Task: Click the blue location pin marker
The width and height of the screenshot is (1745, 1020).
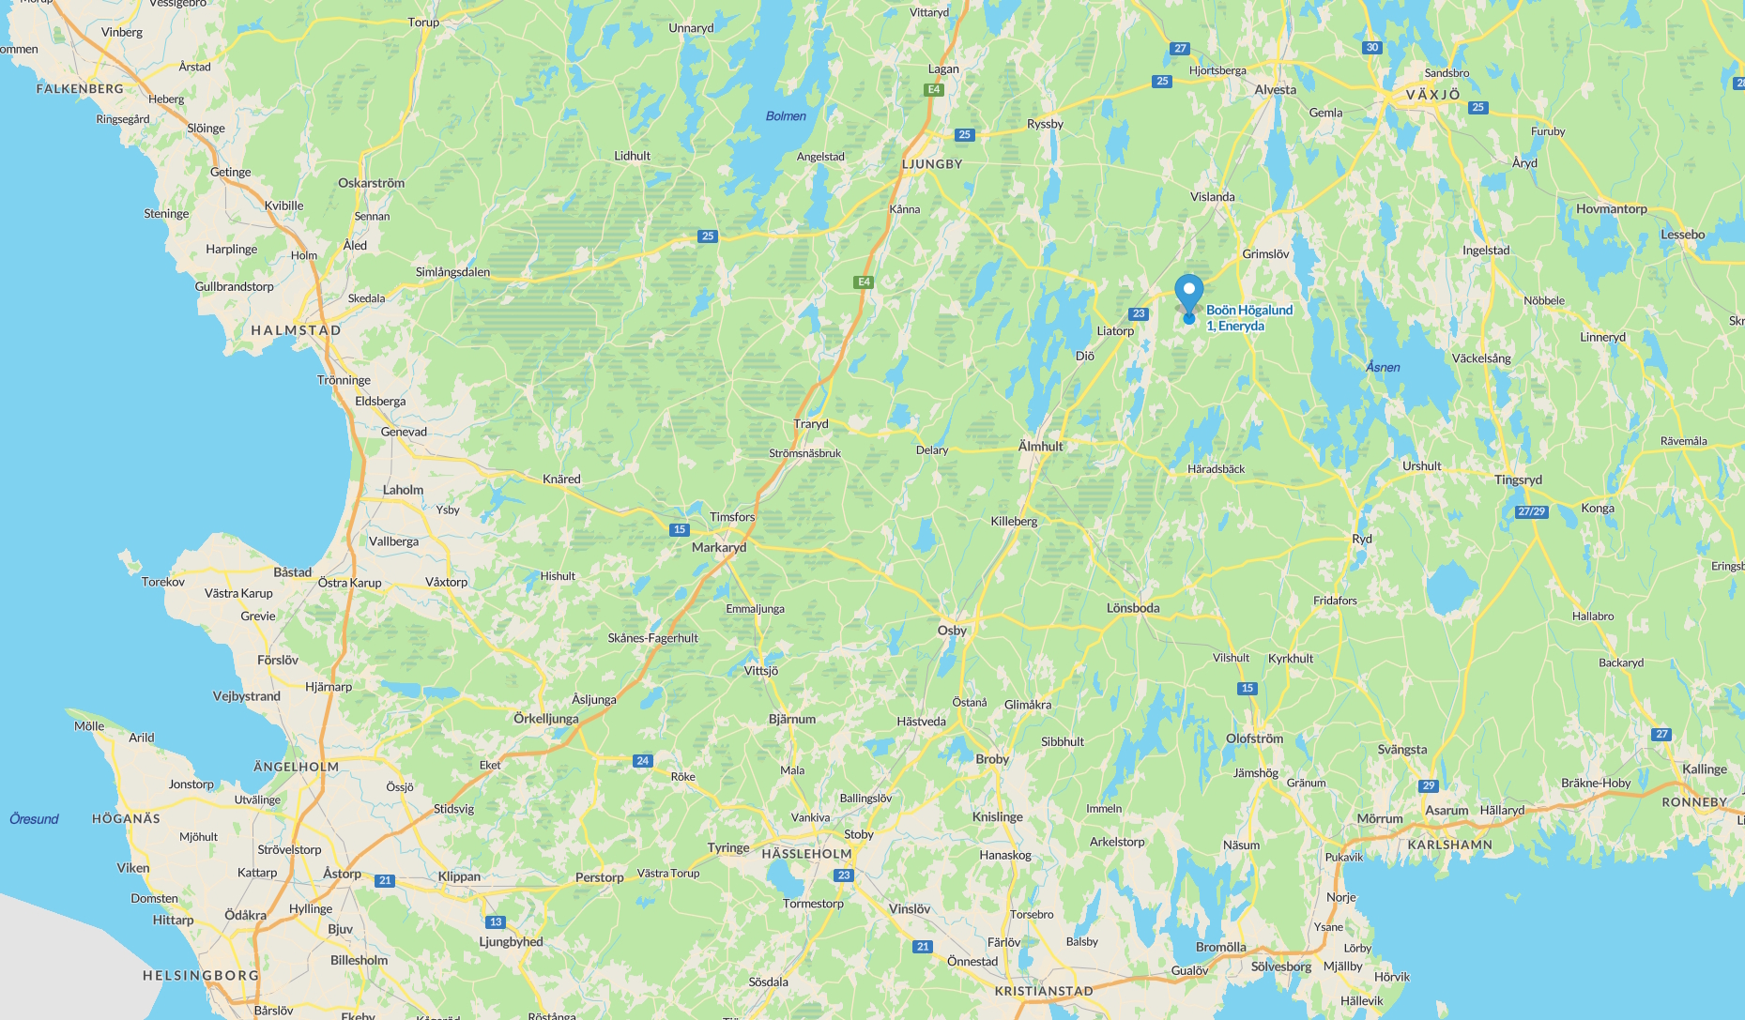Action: (x=1188, y=294)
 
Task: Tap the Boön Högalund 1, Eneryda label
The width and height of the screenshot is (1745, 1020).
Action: (x=1248, y=318)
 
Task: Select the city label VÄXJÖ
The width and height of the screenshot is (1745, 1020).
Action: (x=1432, y=95)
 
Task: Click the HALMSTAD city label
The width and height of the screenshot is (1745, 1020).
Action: (x=296, y=330)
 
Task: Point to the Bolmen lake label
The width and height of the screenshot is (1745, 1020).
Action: (x=786, y=116)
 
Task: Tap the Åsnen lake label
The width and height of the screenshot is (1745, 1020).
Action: (x=1383, y=367)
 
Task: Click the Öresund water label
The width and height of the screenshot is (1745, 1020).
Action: (x=34, y=819)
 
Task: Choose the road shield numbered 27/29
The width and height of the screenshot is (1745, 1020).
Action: (x=1531, y=511)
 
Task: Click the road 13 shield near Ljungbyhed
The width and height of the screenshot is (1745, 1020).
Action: (x=496, y=921)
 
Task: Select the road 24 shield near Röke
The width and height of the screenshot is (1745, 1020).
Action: (x=642, y=761)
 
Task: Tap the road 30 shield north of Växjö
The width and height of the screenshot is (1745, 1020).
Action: (x=1372, y=48)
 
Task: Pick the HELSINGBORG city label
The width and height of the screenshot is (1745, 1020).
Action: (x=201, y=975)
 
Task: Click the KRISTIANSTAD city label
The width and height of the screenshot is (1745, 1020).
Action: (x=1044, y=991)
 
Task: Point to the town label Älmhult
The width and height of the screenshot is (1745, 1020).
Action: (x=1040, y=447)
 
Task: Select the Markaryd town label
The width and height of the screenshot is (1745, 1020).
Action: (x=719, y=548)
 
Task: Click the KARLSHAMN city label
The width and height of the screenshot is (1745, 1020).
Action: (x=1449, y=845)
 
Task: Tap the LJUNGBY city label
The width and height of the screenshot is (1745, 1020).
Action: (x=932, y=164)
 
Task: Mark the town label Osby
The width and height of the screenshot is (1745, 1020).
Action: (x=952, y=631)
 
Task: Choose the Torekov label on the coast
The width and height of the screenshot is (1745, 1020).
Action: (x=163, y=582)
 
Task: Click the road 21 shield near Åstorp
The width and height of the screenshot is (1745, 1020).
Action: (x=385, y=880)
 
